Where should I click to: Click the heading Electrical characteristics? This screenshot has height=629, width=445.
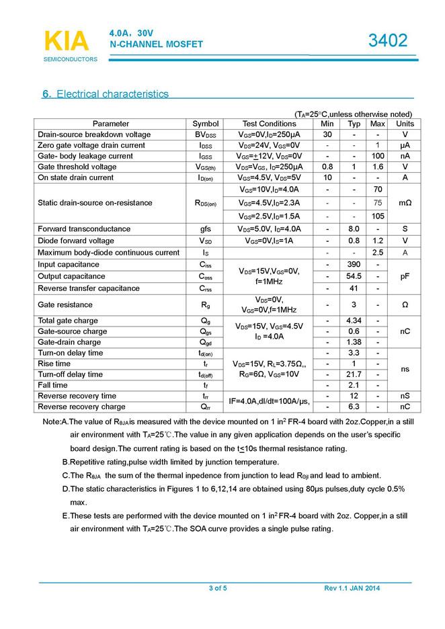tap(106, 94)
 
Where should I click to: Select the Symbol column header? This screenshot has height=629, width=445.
tap(206, 124)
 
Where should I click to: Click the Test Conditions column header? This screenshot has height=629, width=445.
tap(269, 124)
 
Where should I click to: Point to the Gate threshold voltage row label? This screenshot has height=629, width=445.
tap(77, 167)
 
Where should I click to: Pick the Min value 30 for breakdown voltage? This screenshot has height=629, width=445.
tap(327, 134)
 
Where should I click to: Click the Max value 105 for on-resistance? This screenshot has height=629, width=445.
tap(378, 216)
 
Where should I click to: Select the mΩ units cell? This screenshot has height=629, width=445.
tap(405, 203)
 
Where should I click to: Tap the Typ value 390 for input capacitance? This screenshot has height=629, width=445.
tap(355, 265)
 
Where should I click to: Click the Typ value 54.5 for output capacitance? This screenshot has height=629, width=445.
tap(355, 276)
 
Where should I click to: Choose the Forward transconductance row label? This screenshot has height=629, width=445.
tap(84, 229)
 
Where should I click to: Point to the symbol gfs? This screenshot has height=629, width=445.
tap(206, 229)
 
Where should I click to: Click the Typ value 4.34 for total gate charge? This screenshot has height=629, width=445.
tap(355, 321)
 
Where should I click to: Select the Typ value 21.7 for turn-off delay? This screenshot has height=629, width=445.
tap(355, 374)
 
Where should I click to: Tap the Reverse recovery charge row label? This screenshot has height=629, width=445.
tap(82, 407)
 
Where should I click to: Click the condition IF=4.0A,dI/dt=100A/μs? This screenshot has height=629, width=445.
tap(269, 401)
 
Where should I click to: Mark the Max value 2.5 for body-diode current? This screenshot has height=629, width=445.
tap(378, 253)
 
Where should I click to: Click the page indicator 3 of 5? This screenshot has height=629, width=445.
tap(218, 589)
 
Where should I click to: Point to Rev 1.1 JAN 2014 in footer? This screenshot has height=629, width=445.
tap(352, 589)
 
